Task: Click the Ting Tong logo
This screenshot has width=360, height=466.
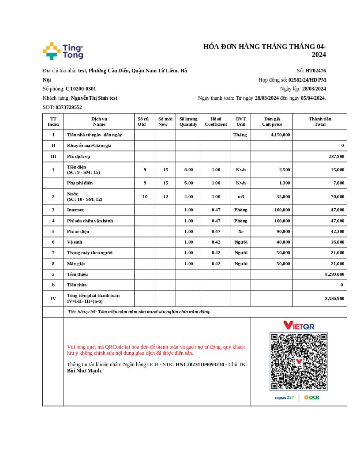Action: (63, 51)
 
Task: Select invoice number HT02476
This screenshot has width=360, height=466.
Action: (315, 71)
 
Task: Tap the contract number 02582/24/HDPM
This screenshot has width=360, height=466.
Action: (307, 80)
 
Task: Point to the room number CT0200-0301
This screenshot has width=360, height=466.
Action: (81, 89)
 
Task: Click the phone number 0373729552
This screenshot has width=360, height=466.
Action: (69, 107)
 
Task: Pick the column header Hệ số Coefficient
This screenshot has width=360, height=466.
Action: (216, 121)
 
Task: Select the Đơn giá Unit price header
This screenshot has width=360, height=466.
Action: (272, 121)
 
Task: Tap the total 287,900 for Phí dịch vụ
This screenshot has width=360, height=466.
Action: (336, 156)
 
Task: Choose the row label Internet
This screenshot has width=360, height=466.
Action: (75, 210)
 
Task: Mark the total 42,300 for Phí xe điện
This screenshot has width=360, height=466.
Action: (337, 231)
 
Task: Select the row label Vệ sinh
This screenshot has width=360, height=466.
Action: (74, 242)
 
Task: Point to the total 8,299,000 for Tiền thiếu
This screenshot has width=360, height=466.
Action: (334, 274)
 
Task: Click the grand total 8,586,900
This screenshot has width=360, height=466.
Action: (334, 299)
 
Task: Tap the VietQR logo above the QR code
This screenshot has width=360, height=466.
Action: (299, 325)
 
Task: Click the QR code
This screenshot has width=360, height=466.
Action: (299, 361)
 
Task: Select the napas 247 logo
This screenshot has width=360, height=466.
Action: (285, 398)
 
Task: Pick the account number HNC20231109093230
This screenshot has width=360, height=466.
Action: (199, 365)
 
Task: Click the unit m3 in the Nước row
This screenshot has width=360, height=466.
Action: (240, 197)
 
